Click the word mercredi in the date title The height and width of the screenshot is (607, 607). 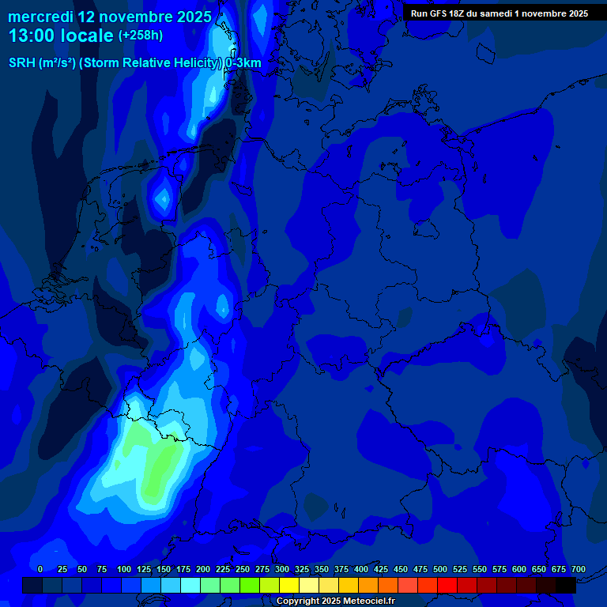[40, 17]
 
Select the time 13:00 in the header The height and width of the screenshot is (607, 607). [31, 36]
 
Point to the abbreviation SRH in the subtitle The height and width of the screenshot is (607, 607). [22, 63]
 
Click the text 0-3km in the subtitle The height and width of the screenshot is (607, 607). [243, 63]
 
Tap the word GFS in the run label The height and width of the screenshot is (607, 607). [438, 13]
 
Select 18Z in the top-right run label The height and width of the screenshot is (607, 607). [458, 13]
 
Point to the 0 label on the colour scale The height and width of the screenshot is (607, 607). [40, 569]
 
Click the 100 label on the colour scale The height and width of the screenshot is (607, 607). [124, 569]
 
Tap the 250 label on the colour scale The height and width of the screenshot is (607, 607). [243, 569]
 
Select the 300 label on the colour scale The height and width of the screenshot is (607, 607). [282, 569]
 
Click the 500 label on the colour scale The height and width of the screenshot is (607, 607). [440, 569]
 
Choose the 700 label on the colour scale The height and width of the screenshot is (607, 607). [579, 569]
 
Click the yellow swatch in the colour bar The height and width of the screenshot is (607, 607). [289, 585]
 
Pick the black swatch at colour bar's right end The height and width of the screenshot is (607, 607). [566, 585]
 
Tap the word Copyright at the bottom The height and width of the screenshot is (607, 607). [297, 601]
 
